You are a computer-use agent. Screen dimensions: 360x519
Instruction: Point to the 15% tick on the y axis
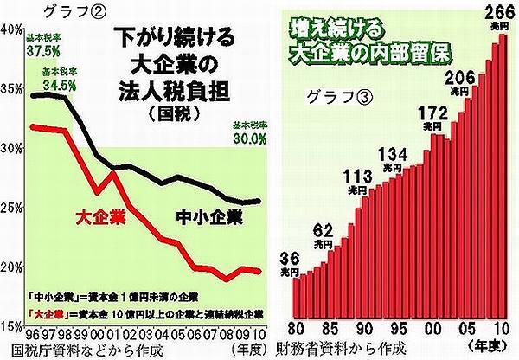pos(12,327)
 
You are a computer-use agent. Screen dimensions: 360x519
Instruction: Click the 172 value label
pos(428,113)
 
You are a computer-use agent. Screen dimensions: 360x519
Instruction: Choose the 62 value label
pos(323,231)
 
